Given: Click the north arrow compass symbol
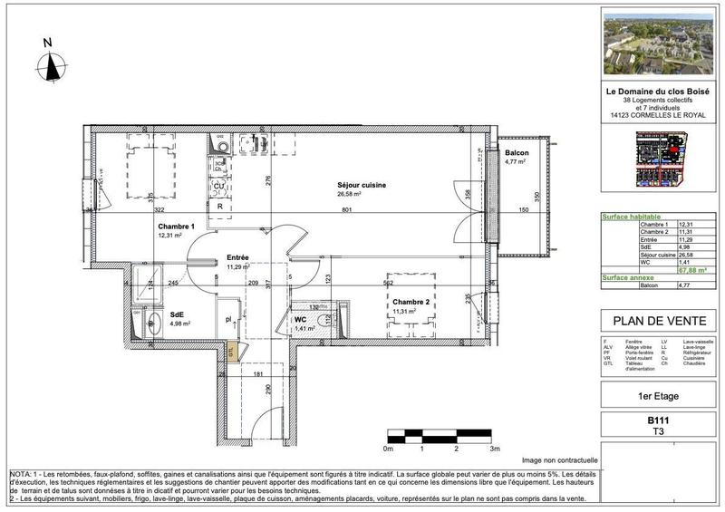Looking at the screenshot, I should (x=52, y=63).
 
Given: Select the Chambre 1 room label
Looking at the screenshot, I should (x=176, y=227).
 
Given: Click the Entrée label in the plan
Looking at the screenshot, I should (x=238, y=257).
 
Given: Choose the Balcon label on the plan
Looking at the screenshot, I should (x=517, y=153).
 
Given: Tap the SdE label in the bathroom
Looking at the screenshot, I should (x=177, y=315).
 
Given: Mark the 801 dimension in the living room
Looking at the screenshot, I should (x=347, y=210).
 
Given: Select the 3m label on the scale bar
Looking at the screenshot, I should (x=493, y=448).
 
